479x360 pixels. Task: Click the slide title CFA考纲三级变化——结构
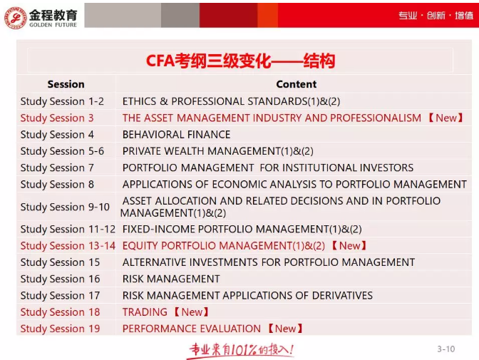[240, 61]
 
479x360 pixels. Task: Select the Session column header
[66, 84]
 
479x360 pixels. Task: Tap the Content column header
[296, 84]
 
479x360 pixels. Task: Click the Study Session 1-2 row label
[62, 101]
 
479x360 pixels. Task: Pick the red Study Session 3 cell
[57, 118]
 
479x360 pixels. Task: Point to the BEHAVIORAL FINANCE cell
[176, 134]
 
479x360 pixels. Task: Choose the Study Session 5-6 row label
[62, 151]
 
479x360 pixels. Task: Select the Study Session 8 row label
[57, 184]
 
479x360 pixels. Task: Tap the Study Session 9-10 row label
[65, 207]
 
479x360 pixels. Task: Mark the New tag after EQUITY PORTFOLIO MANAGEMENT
[349, 246]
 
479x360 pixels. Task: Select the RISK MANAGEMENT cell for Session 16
[171, 279]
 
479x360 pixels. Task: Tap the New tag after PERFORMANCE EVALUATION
[285, 329]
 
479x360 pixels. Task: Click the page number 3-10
[445, 349]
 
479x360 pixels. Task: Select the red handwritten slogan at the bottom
[240, 349]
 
